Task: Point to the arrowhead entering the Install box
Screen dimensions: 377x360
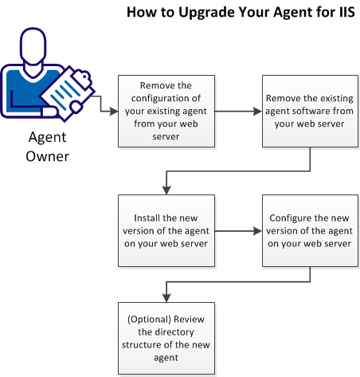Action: [x=165, y=190]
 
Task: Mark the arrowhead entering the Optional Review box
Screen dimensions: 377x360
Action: [x=165, y=296]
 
